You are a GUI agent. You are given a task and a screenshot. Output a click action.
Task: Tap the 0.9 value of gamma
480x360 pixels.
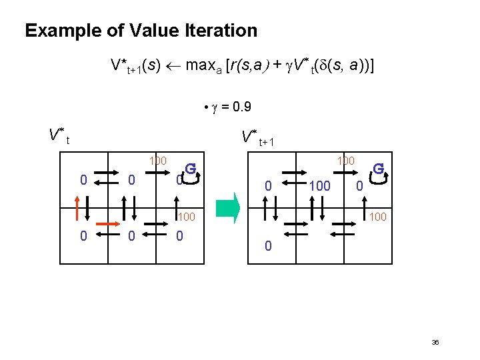[239, 107]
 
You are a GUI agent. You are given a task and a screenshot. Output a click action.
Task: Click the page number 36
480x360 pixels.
[435, 342]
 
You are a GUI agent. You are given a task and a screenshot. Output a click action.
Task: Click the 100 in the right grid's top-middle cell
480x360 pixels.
[320, 186]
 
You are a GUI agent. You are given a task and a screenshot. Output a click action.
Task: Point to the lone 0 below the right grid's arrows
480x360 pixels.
[267, 246]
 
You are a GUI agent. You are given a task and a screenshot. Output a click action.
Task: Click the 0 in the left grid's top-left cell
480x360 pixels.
[83, 179]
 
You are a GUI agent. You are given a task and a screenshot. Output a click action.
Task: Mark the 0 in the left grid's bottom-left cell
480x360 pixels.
[83, 235]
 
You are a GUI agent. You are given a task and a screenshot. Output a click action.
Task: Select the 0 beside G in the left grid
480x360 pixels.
[179, 180]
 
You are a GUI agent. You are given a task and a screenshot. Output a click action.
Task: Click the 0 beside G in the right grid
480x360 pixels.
[359, 186]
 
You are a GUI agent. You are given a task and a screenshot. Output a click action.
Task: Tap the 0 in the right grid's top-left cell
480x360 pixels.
[268, 186]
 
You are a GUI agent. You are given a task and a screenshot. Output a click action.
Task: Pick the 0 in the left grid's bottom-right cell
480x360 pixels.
[179, 235]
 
